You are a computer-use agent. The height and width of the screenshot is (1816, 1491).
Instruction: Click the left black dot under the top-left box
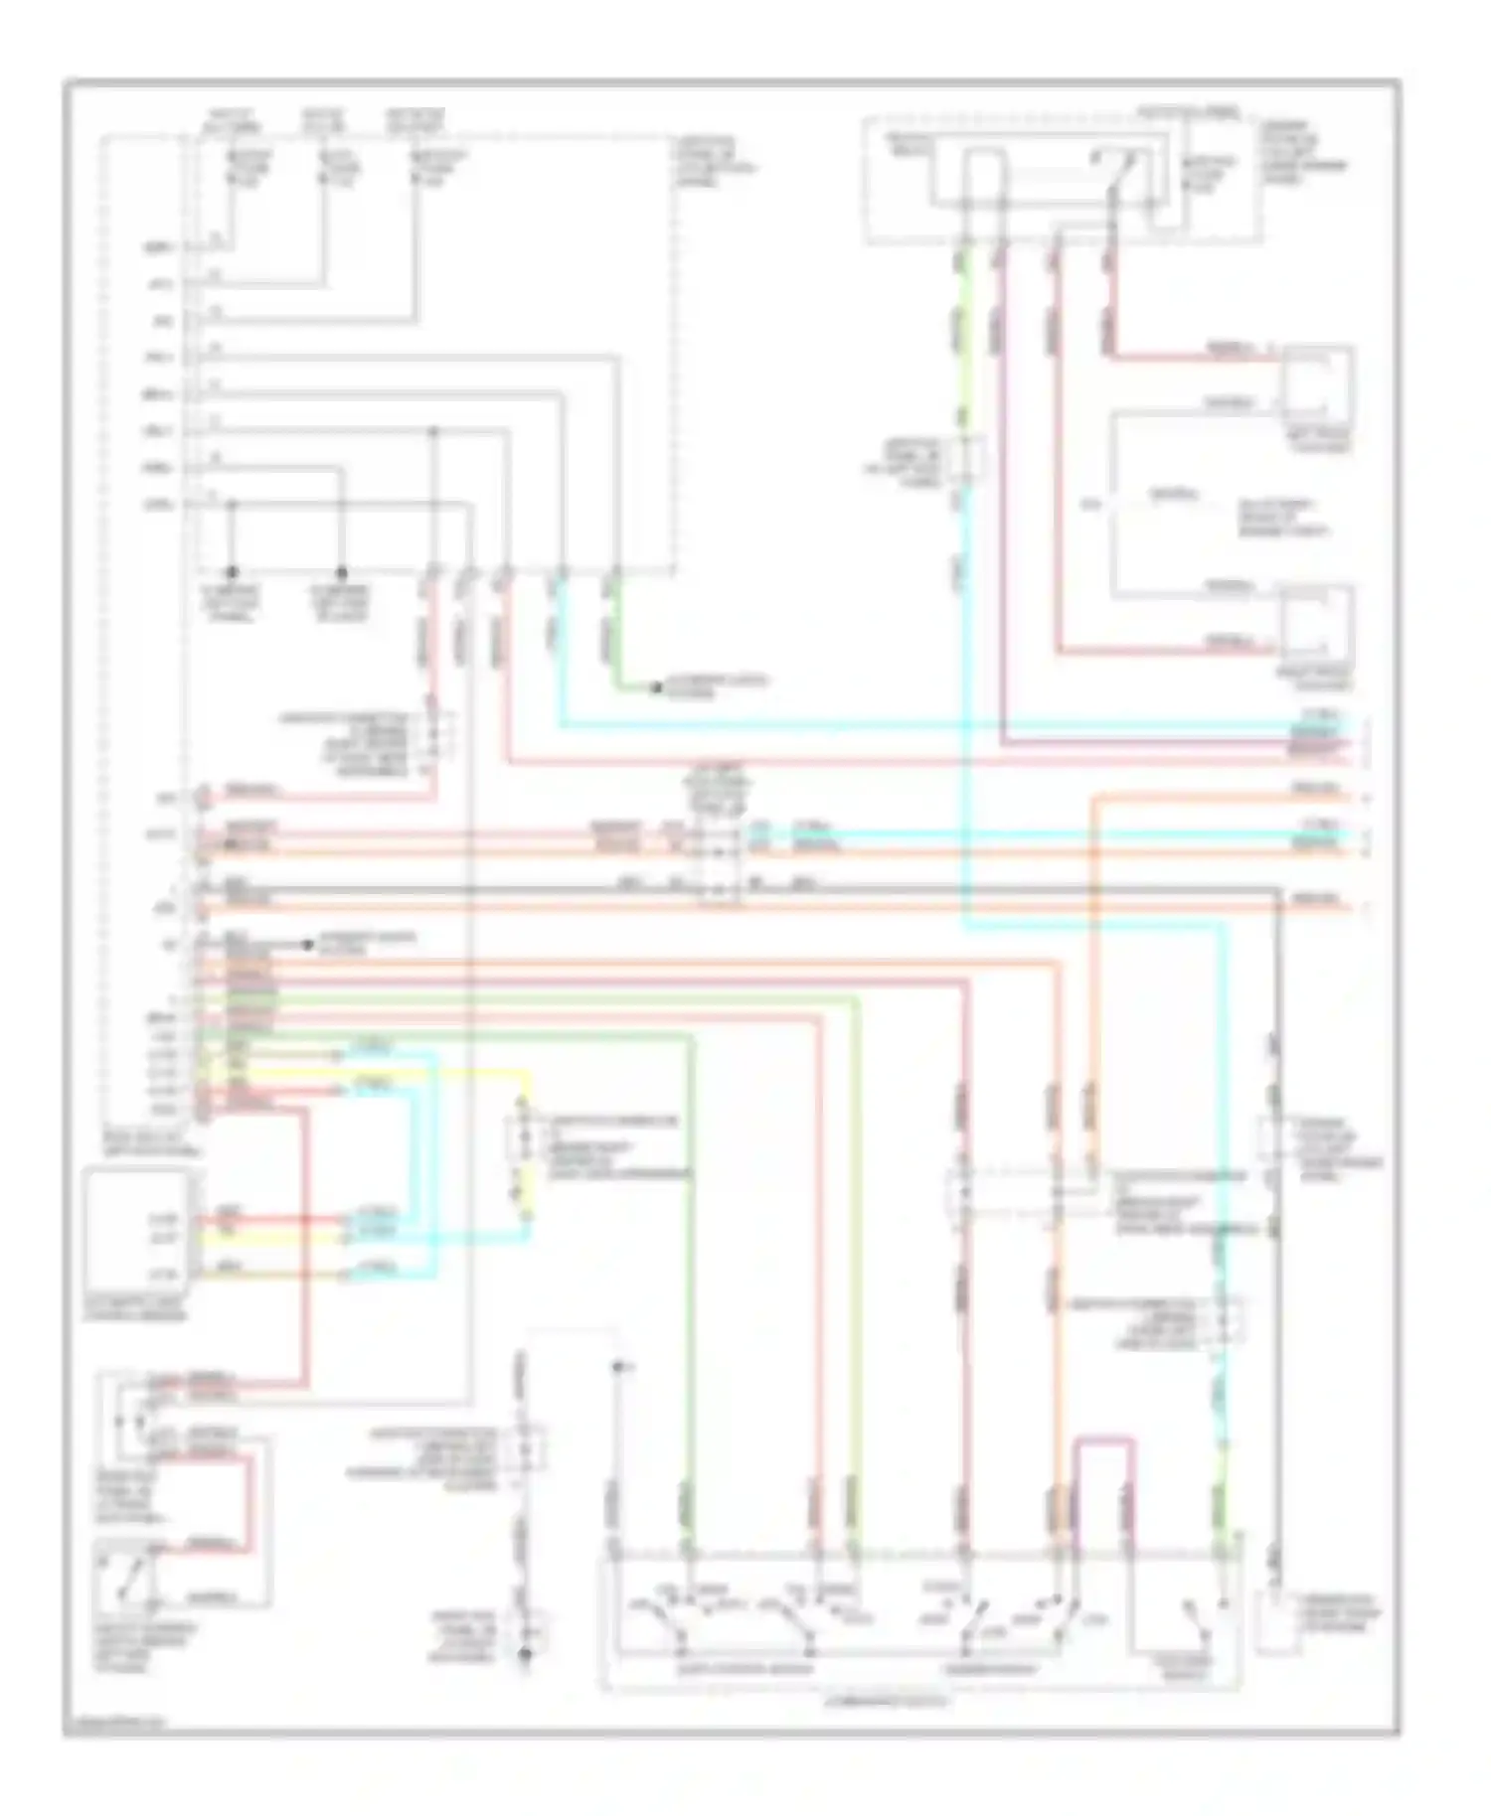point(233,573)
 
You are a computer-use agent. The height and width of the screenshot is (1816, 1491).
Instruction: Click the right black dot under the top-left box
point(342,573)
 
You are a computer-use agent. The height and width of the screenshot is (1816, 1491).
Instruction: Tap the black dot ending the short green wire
point(656,687)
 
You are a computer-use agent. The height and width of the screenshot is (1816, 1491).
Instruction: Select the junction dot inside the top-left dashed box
point(433,432)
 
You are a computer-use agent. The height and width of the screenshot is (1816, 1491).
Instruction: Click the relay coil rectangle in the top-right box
point(982,177)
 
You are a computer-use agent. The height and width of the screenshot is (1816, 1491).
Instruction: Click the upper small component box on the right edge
point(1318,382)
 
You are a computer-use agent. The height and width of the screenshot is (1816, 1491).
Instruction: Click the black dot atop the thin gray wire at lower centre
point(618,1368)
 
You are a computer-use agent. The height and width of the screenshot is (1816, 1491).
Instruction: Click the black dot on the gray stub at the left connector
point(231,845)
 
